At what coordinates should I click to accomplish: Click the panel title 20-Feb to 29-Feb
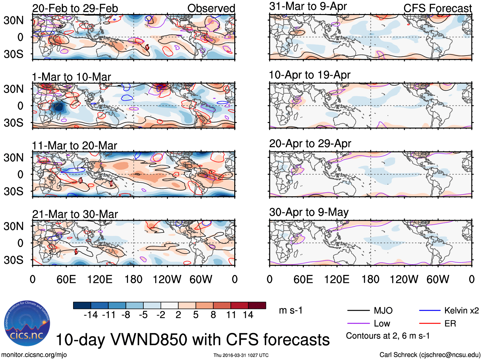click(x=75, y=9)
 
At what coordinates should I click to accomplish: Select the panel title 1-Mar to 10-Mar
click(x=72, y=77)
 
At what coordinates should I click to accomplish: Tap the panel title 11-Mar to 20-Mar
click(x=74, y=146)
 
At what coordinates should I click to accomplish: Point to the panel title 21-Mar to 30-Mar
click(x=75, y=214)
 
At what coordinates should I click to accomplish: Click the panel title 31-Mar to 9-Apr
click(x=308, y=6)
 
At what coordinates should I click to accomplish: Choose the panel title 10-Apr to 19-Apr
click(x=310, y=75)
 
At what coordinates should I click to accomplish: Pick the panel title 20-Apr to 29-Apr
click(x=310, y=144)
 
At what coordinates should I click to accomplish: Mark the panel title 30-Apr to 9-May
click(x=309, y=212)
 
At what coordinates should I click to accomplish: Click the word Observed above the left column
click(x=211, y=9)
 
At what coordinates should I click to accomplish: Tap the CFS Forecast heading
click(x=437, y=9)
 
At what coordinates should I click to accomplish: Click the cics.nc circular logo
click(x=27, y=324)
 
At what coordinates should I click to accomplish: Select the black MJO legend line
click(x=358, y=310)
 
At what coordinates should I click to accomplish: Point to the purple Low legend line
click(x=358, y=324)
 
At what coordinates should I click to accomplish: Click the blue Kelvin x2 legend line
click(x=430, y=310)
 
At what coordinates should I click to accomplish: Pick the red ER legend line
click(x=430, y=324)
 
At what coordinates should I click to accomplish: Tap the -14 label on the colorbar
click(x=91, y=315)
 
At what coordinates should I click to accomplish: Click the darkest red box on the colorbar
click(x=257, y=305)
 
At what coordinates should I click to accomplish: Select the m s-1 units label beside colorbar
click(x=290, y=310)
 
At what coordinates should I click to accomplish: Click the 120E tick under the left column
click(x=100, y=280)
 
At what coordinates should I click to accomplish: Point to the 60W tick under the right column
click(x=438, y=280)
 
